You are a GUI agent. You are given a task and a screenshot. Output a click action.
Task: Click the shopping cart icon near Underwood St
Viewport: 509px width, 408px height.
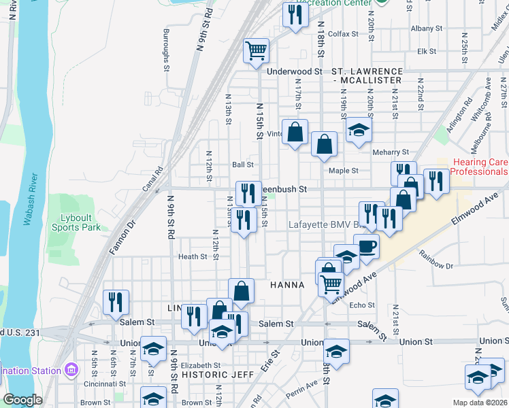click(x=257, y=50)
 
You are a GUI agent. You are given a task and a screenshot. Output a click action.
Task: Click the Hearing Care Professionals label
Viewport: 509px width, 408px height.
click(x=472, y=167)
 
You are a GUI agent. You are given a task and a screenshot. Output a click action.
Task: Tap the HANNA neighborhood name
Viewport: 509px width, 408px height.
click(x=286, y=284)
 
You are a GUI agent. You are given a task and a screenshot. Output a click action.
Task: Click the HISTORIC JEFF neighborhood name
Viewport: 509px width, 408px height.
click(x=218, y=374)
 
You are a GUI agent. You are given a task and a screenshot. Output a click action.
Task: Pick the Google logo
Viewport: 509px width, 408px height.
click(x=22, y=400)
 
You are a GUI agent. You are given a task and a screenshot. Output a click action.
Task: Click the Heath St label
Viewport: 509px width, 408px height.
click(x=193, y=256)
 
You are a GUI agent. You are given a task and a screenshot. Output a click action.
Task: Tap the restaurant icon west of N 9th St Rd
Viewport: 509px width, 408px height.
click(x=116, y=302)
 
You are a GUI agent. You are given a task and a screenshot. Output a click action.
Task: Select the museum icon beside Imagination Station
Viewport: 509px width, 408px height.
click(x=71, y=371)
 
